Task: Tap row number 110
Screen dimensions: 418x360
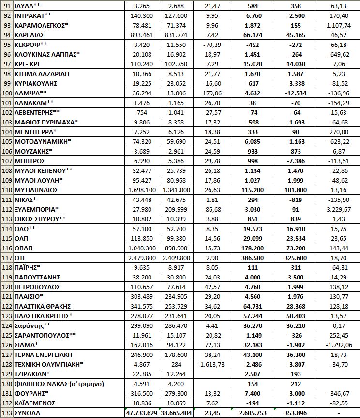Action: (x=6, y=190)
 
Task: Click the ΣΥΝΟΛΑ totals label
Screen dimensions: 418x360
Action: (x=28, y=413)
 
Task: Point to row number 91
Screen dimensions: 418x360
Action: (x=6, y=7)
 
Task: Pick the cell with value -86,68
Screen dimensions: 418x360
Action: (x=213, y=209)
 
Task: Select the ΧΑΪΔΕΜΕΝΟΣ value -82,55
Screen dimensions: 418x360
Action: (x=337, y=403)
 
